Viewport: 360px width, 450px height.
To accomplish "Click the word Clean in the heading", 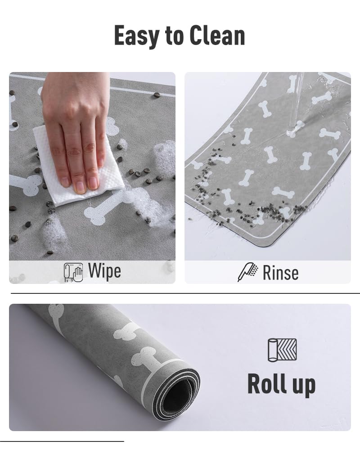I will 220,36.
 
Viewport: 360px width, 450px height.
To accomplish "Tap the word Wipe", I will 104,272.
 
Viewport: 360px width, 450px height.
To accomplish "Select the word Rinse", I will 280,273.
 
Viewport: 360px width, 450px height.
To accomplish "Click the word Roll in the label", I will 267,384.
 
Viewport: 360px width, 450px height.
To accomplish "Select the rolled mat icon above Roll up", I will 282,350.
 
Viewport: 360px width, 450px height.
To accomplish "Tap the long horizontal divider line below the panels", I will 184,293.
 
